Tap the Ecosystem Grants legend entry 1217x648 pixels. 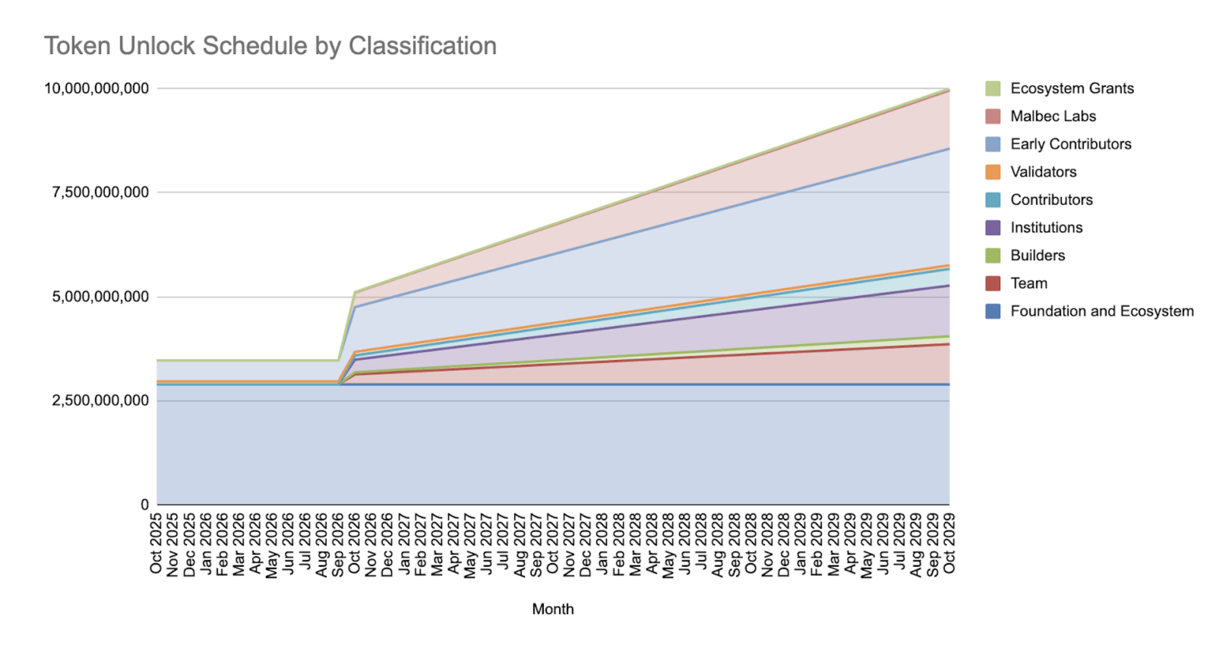pyautogui.click(x=1072, y=88)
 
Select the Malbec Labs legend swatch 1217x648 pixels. pyautogui.click(x=993, y=116)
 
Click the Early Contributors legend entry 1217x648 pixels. pyautogui.click(x=1070, y=144)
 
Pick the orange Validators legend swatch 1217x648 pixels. pyautogui.click(x=993, y=172)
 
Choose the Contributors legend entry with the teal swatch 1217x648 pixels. pyautogui.click(x=1051, y=200)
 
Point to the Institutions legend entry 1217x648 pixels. pyautogui.click(x=1046, y=228)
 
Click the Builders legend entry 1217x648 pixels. pyautogui.click(x=1037, y=256)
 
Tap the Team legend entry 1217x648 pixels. pyautogui.click(x=1028, y=283)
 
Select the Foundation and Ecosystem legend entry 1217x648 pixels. pyautogui.click(x=1101, y=311)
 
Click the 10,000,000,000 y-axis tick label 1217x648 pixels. pyautogui.click(x=96, y=88)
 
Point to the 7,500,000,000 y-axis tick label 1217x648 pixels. pyautogui.click(x=100, y=192)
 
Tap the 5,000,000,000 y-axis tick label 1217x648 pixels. pyautogui.click(x=100, y=297)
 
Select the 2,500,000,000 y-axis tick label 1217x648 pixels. pyautogui.click(x=100, y=400)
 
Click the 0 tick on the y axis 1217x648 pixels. pyautogui.click(x=145, y=504)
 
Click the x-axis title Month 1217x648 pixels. pyautogui.click(x=553, y=609)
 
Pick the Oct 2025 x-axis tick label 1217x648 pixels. pyautogui.click(x=156, y=543)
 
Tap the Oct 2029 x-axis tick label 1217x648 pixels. pyautogui.click(x=949, y=543)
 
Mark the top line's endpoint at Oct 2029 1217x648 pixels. pyautogui.click(x=949, y=89)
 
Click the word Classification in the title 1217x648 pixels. pyautogui.click(x=422, y=46)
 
